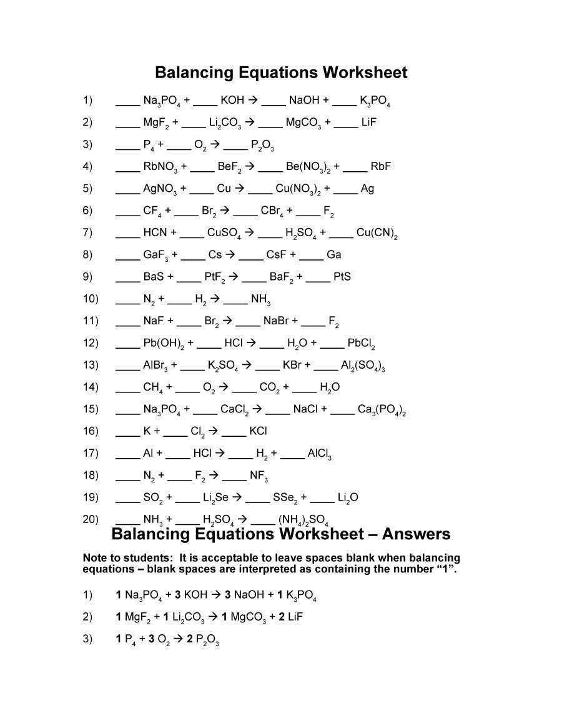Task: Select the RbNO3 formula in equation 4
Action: [160, 167]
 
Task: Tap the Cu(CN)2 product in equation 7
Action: [377, 233]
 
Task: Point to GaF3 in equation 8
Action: [155, 255]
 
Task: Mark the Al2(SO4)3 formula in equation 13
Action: [363, 366]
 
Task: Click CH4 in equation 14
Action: [153, 387]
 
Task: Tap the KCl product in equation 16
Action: [258, 431]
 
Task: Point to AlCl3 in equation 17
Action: [319, 454]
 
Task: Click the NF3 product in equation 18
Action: [259, 476]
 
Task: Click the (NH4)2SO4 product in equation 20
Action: [303, 519]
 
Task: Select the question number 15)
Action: [91, 409]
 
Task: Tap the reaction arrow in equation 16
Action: [213, 431]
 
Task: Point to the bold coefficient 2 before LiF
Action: [282, 617]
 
